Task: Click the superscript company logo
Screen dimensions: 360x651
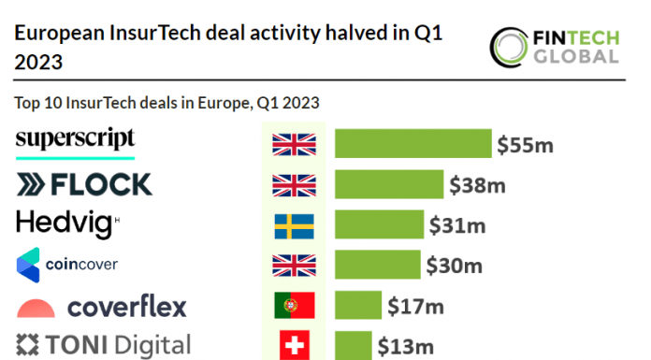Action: pos(76,139)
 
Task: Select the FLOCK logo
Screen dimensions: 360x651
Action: pos(84,183)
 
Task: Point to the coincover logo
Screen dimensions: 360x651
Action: pos(67,265)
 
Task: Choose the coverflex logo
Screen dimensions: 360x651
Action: pos(102,306)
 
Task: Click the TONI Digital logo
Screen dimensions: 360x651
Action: pos(103,345)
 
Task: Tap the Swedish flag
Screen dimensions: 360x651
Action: pos(294,225)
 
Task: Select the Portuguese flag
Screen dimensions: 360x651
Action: pos(294,306)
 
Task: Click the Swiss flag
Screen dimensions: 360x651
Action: pos(294,345)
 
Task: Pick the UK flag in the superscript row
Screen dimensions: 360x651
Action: pos(294,144)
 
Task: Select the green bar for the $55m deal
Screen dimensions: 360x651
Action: pos(412,144)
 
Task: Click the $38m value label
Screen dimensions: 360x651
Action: pos(477,185)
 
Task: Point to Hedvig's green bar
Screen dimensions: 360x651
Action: pos(379,225)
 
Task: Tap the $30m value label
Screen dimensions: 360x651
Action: pos(454,266)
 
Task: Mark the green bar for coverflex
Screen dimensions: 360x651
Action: pos(358,306)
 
